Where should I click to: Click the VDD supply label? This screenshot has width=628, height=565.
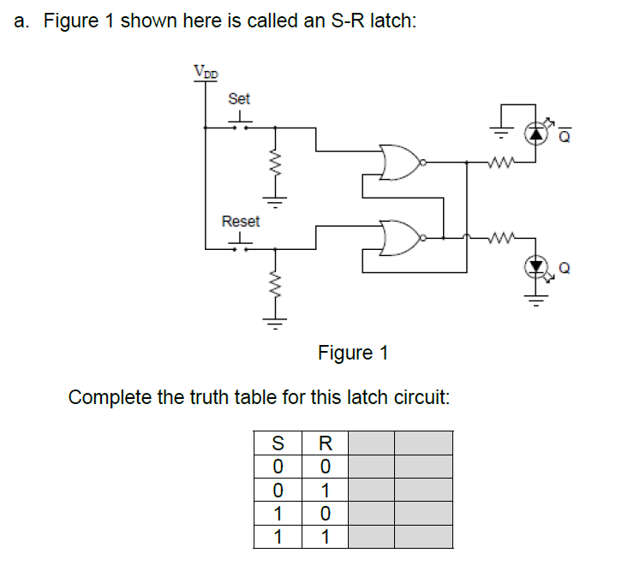pos(206,73)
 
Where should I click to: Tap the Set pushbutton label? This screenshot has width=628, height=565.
pos(239,99)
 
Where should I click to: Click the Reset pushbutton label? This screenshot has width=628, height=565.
pos(240,221)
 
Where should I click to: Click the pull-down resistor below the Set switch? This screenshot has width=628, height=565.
pos(275,164)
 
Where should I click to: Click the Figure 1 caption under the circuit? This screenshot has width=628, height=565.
pos(353,353)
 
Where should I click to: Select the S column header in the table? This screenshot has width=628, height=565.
pos(277,443)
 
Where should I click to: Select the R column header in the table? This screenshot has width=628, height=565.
pos(324,443)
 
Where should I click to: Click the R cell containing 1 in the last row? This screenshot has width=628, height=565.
pos(324,538)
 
